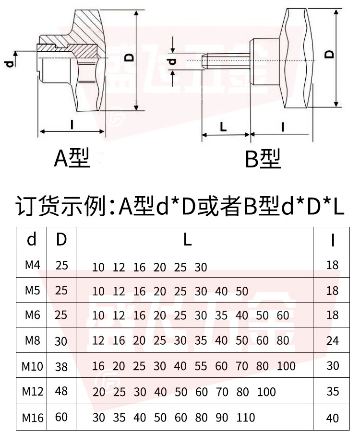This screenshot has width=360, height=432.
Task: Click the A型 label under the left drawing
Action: (72, 158)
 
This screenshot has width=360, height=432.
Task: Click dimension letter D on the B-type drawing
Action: (329, 54)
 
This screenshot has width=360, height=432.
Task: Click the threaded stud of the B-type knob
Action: (226, 59)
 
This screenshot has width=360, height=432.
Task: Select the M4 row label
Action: (32, 265)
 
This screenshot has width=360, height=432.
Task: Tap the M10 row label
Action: (33, 367)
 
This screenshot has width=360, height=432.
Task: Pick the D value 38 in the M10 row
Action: (62, 367)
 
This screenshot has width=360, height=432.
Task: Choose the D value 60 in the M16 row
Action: (62, 417)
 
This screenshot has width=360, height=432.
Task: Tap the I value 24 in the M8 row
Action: (332, 341)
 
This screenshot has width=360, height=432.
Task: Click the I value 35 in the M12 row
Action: (332, 392)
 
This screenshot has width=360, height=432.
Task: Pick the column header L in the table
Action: (188, 240)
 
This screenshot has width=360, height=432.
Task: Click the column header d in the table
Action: (32, 240)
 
